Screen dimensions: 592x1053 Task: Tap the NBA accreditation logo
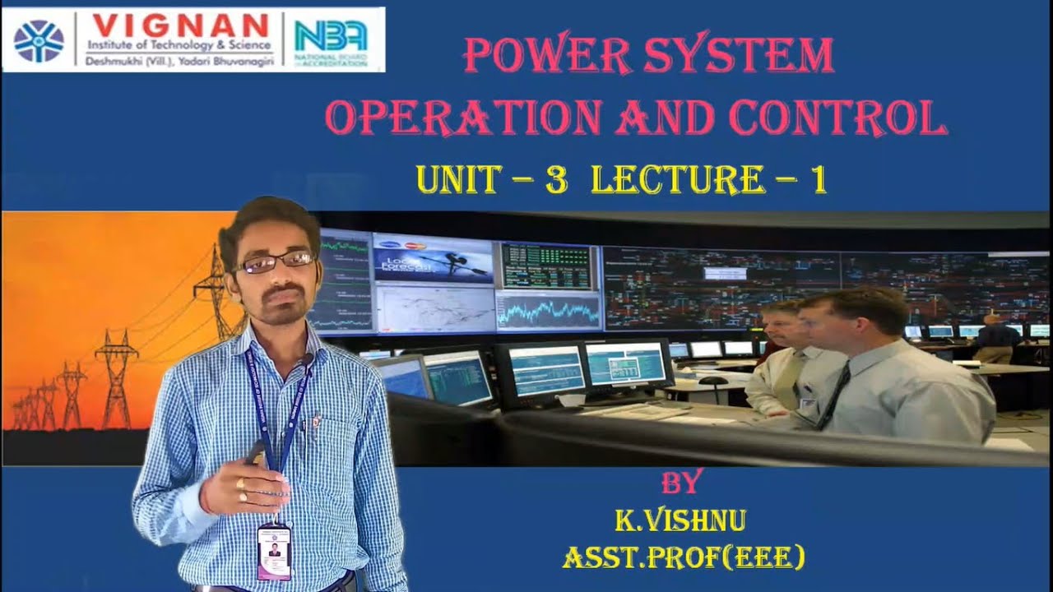coord(332,39)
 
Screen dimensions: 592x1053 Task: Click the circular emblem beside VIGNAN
coord(38,40)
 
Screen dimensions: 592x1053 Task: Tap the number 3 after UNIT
coord(556,180)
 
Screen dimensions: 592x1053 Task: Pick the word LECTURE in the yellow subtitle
coord(677,180)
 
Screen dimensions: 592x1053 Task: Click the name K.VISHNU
coord(680,520)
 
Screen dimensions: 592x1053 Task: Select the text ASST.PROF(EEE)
coord(683,558)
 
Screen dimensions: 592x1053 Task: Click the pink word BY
coord(682,483)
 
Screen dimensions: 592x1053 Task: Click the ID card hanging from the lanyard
coord(274,551)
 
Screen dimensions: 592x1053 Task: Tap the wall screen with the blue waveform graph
coord(549,312)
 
